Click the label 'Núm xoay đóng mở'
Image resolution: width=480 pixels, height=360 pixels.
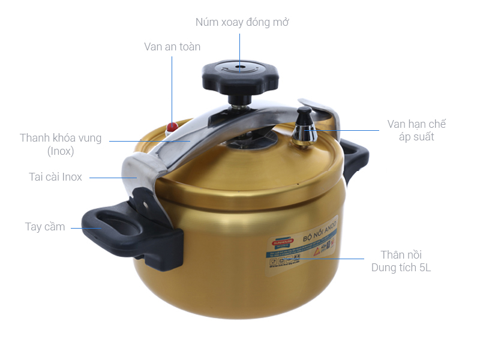242,22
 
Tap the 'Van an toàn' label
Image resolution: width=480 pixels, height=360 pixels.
172,46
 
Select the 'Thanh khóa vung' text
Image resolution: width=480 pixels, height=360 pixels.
61,138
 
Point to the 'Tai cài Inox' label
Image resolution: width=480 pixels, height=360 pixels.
55,177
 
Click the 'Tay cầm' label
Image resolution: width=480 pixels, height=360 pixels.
45,227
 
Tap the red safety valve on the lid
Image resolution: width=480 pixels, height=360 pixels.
172,127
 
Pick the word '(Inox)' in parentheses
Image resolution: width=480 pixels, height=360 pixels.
61,151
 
